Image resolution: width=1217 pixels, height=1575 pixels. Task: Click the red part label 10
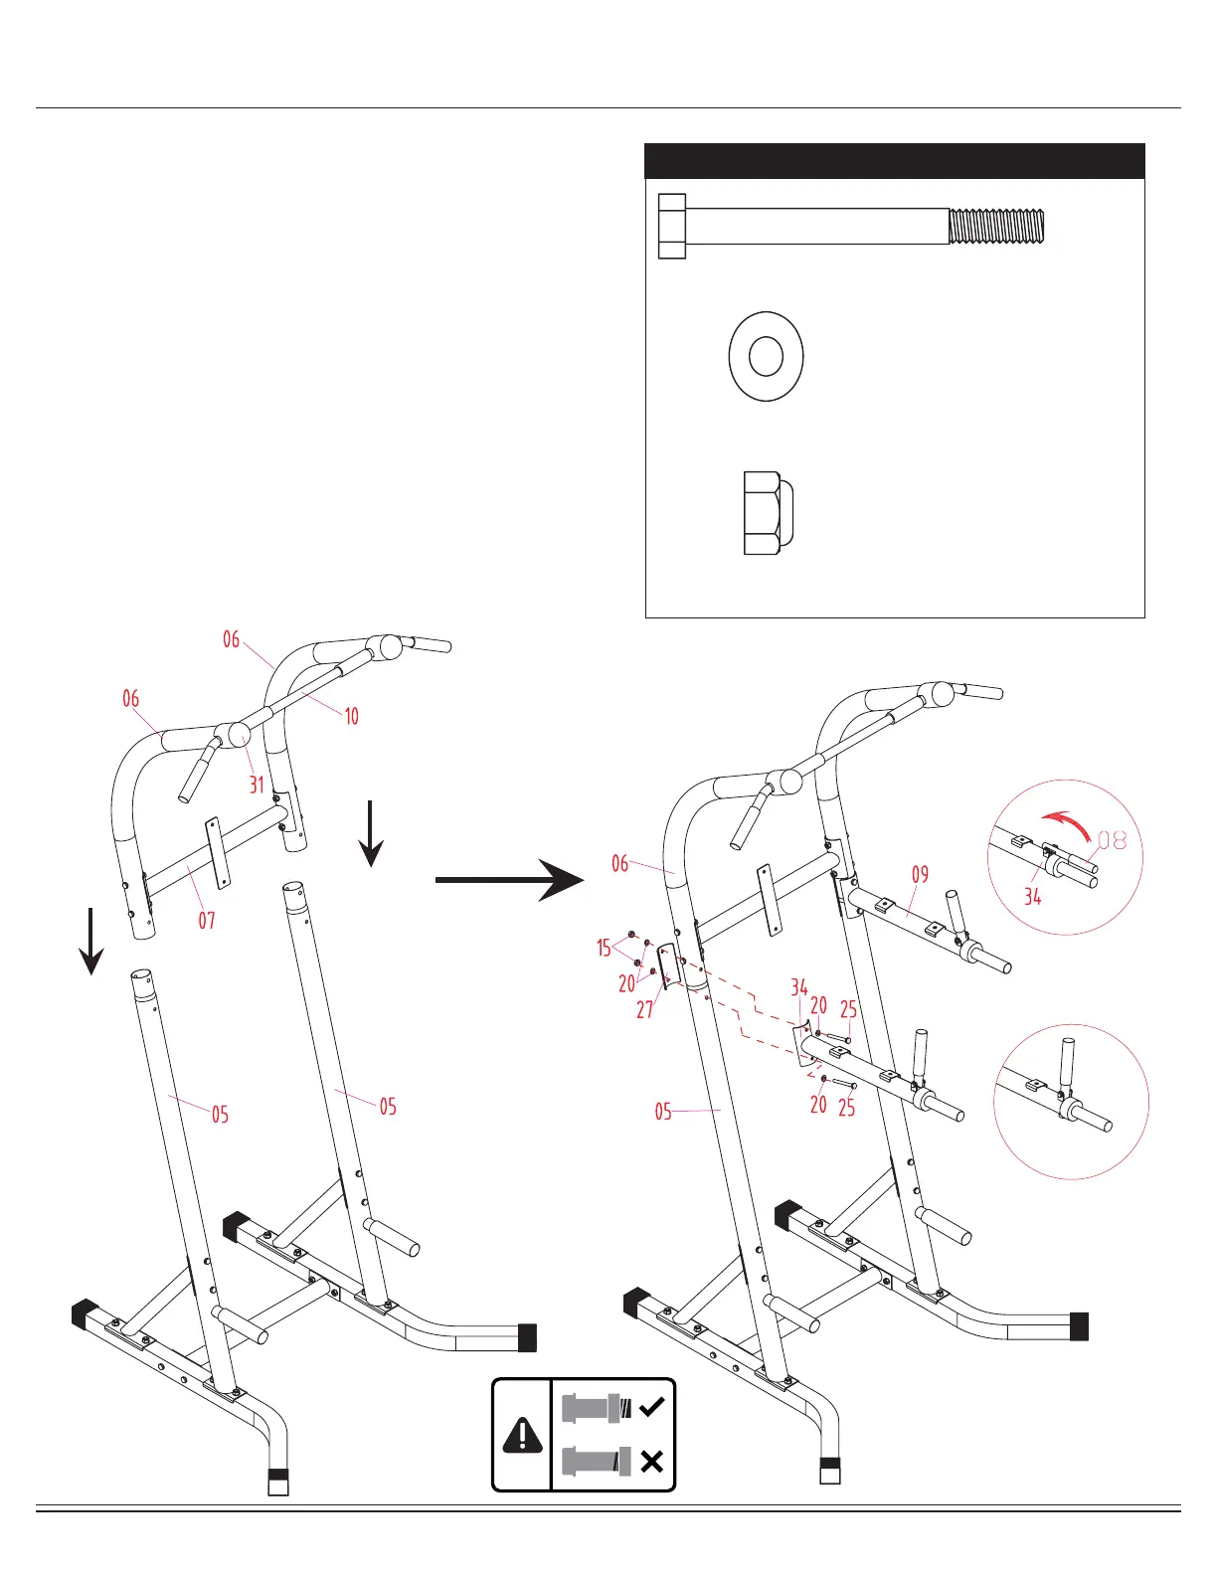pos(351,716)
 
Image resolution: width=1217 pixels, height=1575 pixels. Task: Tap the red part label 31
pos(257,785)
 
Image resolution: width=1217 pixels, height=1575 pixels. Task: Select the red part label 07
pos(206,920)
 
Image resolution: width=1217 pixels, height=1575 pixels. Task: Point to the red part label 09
pos(920,874)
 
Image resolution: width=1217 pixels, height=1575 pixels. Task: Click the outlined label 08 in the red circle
pos(1113,840)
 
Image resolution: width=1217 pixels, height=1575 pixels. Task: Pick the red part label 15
pos(604,948)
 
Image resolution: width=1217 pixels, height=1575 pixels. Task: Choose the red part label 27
pos(645,1010)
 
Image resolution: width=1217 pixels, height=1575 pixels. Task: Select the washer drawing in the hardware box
pos(766,356)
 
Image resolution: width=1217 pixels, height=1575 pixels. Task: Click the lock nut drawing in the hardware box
pos(768,513)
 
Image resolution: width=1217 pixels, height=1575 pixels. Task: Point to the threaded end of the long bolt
pos(996,226)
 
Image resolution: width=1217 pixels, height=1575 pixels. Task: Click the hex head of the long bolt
pos(672,226)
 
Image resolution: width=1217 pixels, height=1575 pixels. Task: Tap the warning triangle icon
pos(522,1435)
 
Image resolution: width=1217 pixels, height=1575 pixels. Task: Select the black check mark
pos(652,1407)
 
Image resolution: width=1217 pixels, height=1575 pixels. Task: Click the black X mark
pos(652,1461)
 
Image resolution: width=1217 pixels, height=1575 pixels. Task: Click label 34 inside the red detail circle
pos(1033,897)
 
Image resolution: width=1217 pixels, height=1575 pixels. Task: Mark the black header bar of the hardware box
pos(895,161)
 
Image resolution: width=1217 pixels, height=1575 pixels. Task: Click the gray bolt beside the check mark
pos(595,1408)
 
